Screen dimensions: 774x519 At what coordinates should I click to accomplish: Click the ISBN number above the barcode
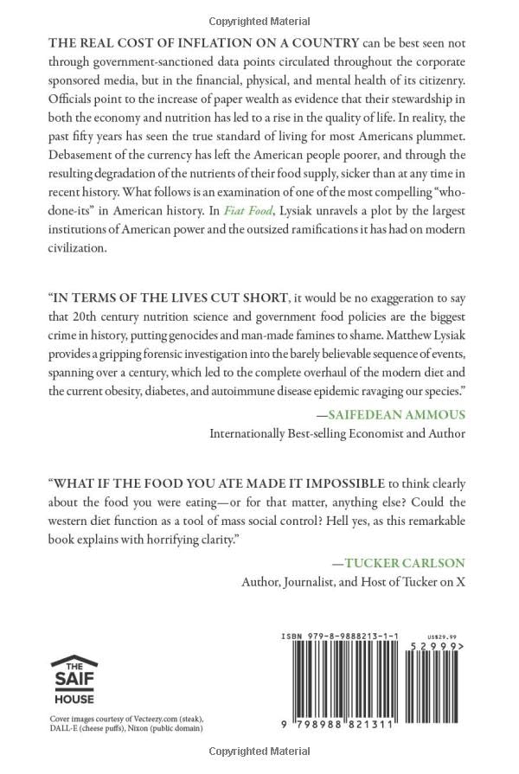click(x=339, y=636)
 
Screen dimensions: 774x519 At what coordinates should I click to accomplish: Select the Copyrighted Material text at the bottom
click(x=259, y=754)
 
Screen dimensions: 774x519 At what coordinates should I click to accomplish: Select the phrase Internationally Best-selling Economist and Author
click(x=337, y=433)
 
